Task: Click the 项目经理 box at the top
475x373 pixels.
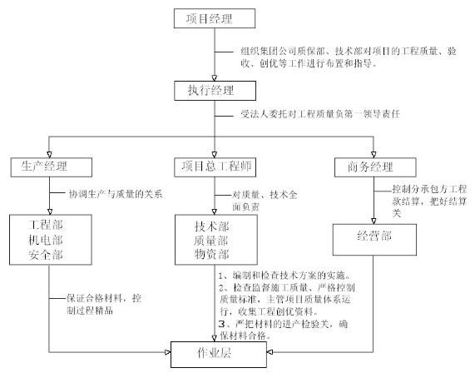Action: click(x=215, y=18)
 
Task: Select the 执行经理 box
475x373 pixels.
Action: click(x=215, y=91)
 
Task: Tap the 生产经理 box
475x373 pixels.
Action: click(x=52, y=167)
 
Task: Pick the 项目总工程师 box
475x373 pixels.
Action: click(x=215, y=167)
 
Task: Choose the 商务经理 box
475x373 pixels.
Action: click(x=375, y=167)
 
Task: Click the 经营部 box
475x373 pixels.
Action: click(x=374, y=240)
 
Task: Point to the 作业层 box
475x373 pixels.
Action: click(x=219, y=355)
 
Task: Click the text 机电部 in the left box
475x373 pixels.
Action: click(x=46, y=240)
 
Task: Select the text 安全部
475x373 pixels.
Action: click(x=46, y=255)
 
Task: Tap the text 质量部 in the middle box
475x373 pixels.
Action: click(x=211, y=241)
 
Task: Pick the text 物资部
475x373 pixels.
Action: click(x=212, y=254)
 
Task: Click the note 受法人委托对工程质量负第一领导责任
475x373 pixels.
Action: click(x=320, y=114)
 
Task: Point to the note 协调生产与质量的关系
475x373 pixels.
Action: click(x=116, y=194)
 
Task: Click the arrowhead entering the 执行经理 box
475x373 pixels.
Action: click(x=215, y=78)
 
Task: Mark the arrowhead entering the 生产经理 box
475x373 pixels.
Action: click(x=49, y=155)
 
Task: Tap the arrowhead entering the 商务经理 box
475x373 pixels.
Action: click(x=374, y=155)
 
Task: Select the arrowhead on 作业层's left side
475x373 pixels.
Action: click(x=168, y=352)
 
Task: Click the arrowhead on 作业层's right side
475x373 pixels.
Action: click(x=270, y=352)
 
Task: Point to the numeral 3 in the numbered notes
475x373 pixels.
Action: click(x=222, y=324)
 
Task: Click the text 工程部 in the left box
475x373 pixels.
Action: click(x=46, y=225)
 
